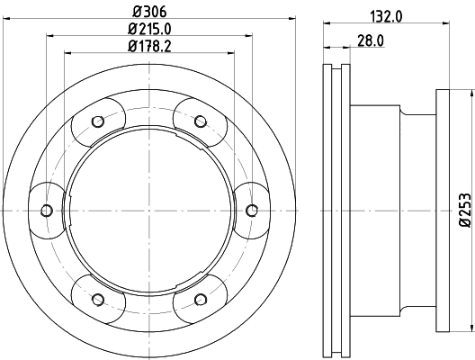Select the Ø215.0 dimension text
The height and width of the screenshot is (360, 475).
(149, 29)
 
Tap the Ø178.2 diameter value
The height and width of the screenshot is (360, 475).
(149, 46)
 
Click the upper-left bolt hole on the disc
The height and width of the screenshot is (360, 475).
(97, 122)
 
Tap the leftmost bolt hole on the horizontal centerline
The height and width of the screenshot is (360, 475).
(47, 211)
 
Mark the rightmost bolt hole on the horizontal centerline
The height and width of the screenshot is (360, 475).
(252, 211)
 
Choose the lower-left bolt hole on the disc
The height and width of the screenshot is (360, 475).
(97, 298)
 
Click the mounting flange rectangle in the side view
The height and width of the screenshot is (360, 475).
(454, 211)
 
